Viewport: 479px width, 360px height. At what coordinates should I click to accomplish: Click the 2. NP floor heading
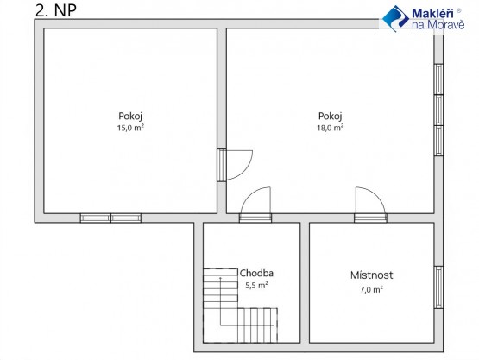56,10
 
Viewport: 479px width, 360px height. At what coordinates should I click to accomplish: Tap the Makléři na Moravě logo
424,18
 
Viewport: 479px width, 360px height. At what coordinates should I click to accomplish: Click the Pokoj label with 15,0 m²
130,117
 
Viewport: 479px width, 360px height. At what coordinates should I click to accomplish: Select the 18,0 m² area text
331,128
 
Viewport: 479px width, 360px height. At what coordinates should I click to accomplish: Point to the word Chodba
256,273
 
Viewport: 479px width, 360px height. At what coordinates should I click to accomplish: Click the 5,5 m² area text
256,285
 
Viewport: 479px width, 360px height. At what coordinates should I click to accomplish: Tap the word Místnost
371,275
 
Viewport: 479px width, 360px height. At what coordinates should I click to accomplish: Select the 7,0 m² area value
371,289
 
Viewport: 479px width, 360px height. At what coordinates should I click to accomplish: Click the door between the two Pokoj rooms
235,166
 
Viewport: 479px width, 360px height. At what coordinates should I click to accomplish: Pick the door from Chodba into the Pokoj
255,205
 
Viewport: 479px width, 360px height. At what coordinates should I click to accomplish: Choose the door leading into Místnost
370,205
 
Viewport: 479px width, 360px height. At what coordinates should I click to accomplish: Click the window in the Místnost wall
438,287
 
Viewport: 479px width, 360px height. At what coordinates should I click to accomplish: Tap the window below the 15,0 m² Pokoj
110,218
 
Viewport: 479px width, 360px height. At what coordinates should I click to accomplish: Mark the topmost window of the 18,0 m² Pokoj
438,79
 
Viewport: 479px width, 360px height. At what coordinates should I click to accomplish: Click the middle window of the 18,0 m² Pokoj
438,110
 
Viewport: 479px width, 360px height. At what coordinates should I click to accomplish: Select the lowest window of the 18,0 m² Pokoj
438,141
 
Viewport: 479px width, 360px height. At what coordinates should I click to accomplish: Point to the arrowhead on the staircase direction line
220,278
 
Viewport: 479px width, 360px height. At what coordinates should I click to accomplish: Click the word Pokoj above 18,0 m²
331,117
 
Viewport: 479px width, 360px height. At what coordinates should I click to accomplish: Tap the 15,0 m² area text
130,128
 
